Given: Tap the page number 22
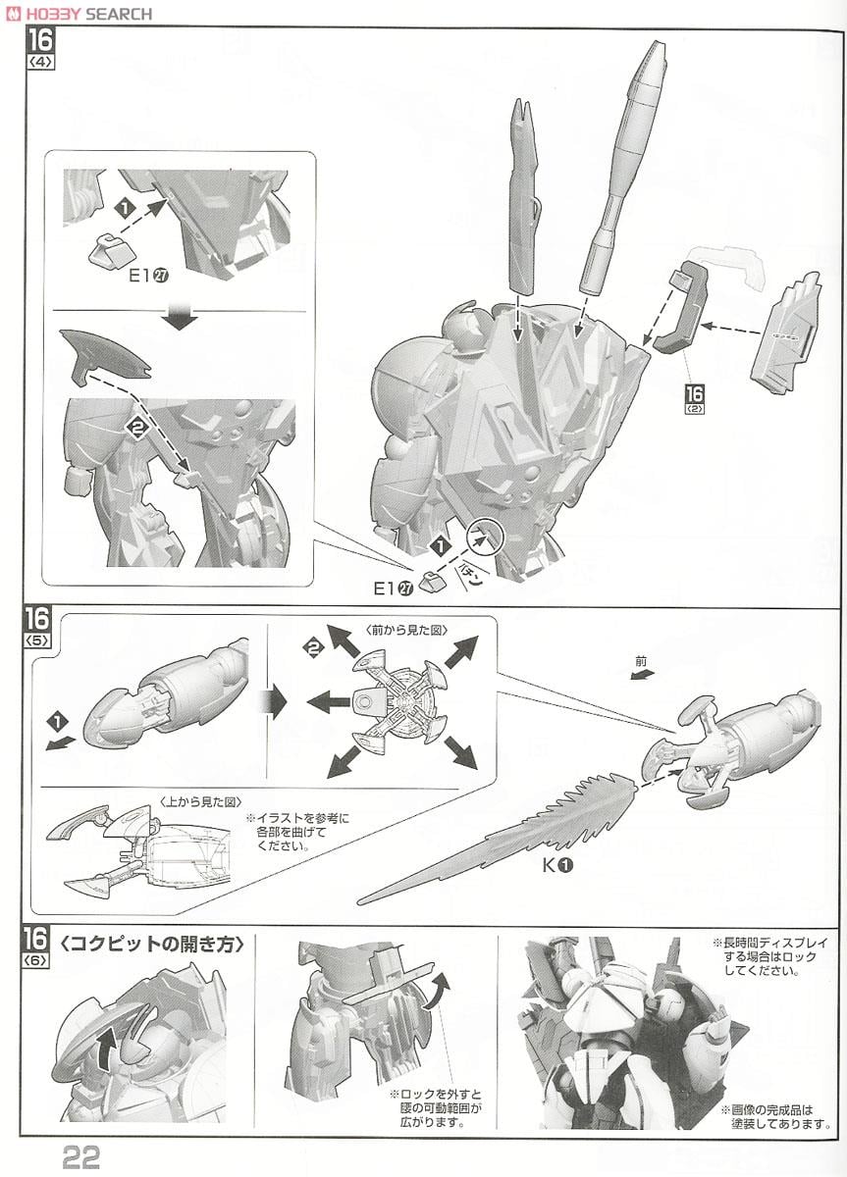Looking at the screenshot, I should click(x=84, y=1157).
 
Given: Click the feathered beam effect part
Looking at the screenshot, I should click(x=510, y=834).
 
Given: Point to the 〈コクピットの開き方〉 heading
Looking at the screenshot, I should click(x=151, y=947).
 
